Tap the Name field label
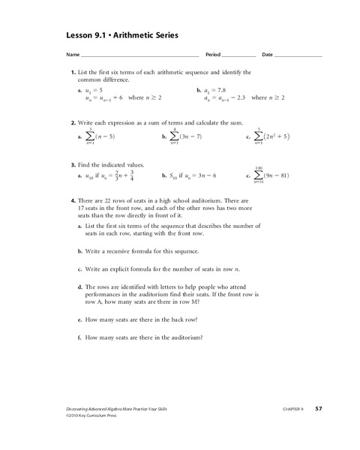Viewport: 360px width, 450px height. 72,55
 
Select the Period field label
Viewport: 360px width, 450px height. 213,55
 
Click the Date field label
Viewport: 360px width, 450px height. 268,55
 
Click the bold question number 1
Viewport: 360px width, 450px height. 73,72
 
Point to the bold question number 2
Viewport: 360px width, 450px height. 73,121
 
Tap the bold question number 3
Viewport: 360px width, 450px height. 73,164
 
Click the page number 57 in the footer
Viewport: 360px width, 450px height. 319,409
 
